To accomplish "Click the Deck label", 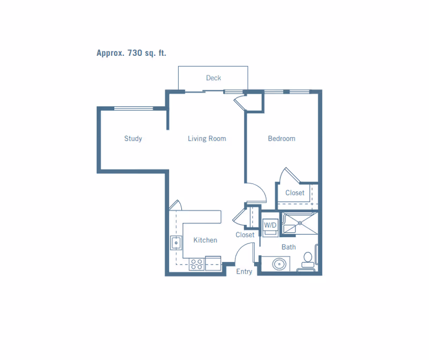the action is click(x=213, y=78).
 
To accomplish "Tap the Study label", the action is click(x=133, y=138).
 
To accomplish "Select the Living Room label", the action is click(x=207, y=138).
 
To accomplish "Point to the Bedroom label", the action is click(x=282, y=138).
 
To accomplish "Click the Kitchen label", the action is click(x=205, y=240).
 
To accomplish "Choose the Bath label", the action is click(x=289, y=247).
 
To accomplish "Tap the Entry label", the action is click(x=244, y=271).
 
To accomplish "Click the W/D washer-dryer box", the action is click(x=270, y=227).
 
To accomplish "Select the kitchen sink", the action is click(x=176, y=243).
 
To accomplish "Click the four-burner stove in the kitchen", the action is click(x=197, y=264).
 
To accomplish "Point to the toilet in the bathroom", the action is click(x=308, y=261).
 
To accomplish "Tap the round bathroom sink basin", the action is click(x=279, y=264).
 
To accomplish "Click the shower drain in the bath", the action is click(x=300, y=223).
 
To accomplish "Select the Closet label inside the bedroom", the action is click(x=294, y=193).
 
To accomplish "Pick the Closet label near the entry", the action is click(x=245, y=235).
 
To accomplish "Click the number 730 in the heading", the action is click(x=135, y=53).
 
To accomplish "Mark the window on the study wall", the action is click(x=134, y=108).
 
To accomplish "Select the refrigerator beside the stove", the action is click(x=213, y=263).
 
